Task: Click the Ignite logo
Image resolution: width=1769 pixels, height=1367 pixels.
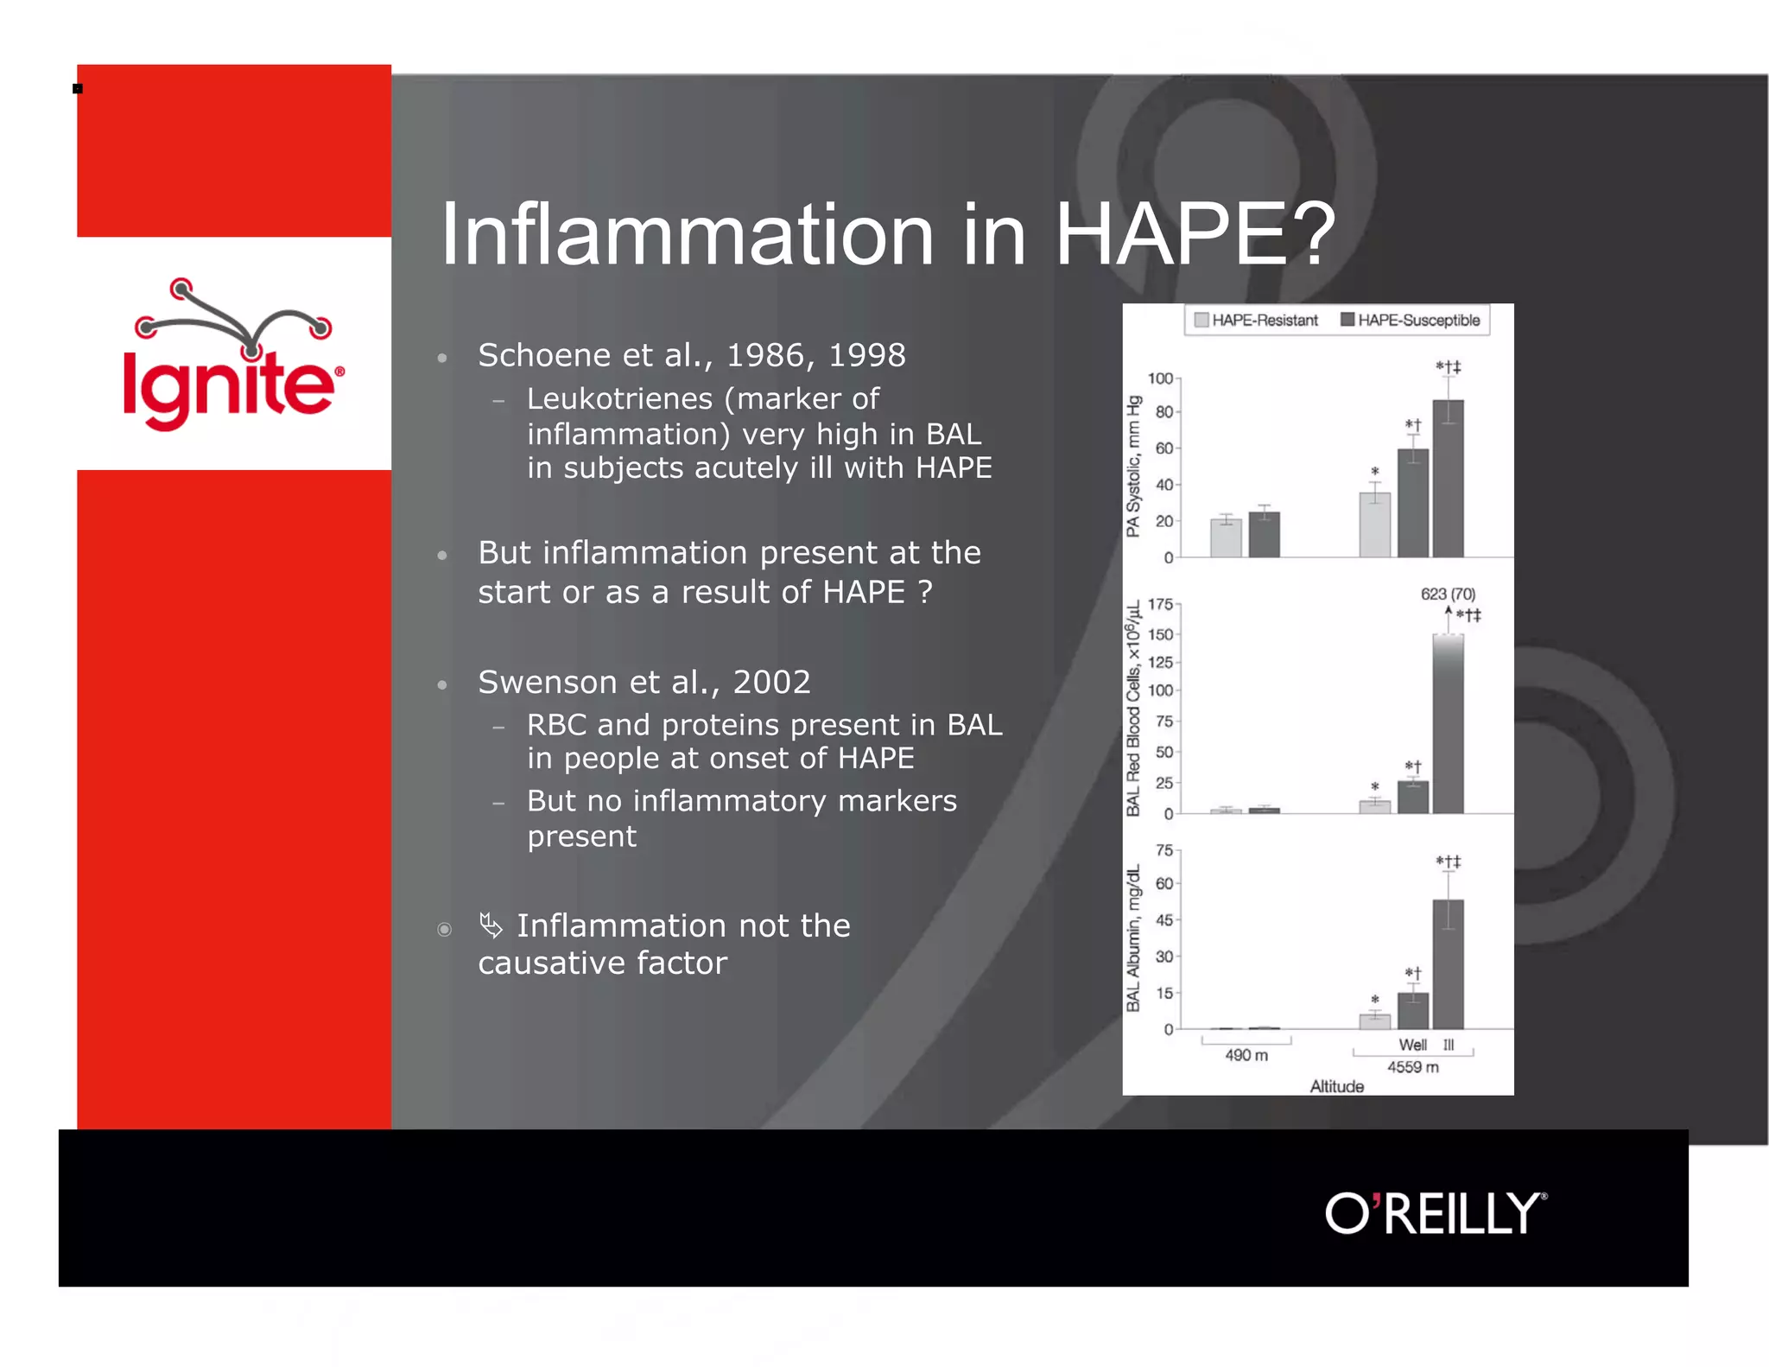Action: [x=231, y=356]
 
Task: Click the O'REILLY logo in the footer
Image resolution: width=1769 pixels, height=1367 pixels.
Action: [x=1435, y=1213]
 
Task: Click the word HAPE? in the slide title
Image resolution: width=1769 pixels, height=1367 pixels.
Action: [x=1195, y=234]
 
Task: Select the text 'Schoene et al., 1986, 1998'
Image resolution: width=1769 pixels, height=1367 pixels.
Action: [x=691, y=355]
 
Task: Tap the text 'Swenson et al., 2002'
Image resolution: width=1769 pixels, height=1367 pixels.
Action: [x=644, y=682]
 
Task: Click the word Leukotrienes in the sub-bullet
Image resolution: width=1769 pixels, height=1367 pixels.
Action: [x=619, y=399]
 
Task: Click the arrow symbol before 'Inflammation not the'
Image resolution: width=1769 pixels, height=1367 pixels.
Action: [x=491, y=925]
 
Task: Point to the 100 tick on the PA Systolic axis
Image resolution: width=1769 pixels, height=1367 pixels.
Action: [x=1159, y=378]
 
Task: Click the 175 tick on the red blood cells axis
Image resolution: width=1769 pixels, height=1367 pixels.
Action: [x=1159, y=604]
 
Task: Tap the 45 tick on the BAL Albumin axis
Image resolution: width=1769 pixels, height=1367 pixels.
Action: [x=1163, y=920]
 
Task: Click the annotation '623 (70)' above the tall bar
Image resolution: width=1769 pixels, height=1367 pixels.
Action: [x=1447, y=594]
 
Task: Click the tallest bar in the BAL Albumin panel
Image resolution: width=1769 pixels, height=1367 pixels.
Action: [x=1448, y=963]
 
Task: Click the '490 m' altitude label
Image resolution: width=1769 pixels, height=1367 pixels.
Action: [x=1246, y=1055]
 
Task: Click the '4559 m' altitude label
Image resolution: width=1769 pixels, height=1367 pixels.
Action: [x=1412, y=1067]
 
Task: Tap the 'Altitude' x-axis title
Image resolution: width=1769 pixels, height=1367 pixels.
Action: [x=1336, y=1086]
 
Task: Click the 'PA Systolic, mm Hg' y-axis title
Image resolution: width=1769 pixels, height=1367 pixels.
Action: [x=1133, y=467]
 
